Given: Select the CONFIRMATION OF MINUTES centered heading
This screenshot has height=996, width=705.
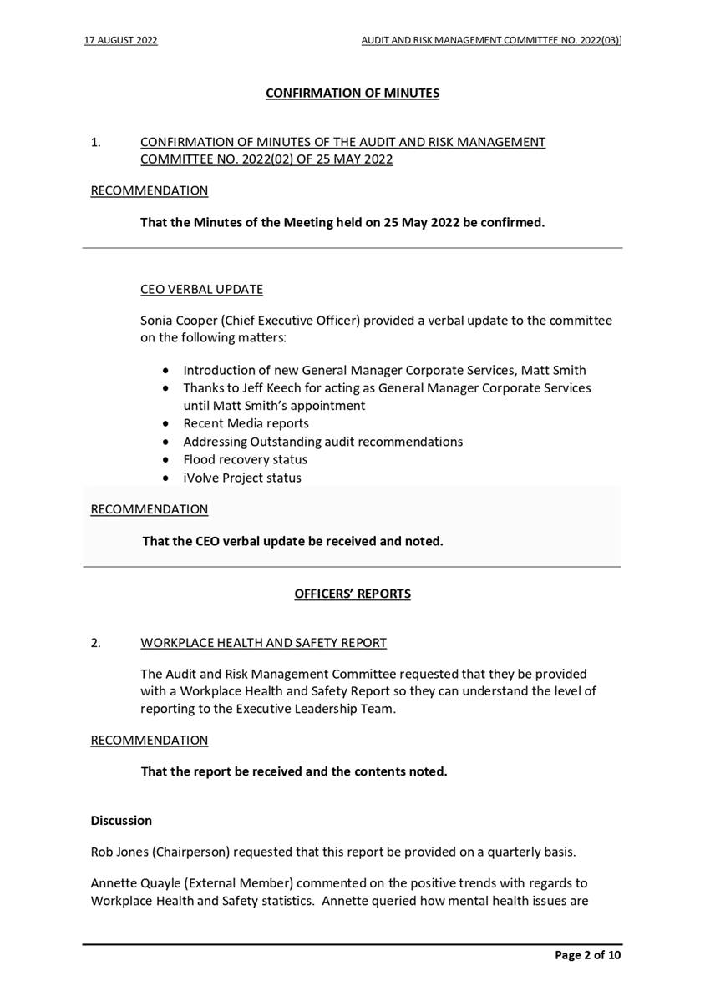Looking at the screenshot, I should click(352, 93).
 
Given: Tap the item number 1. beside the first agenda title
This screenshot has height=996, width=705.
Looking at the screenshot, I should click(95, 142).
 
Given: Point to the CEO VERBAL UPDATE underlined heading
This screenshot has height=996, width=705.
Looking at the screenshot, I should click(201, 289).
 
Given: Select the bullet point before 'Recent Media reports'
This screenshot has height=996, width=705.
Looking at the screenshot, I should click(168, 423).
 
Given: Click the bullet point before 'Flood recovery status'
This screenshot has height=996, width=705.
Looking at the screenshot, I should click(168, 460).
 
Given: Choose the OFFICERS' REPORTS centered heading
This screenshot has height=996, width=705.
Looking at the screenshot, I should click(352, 594).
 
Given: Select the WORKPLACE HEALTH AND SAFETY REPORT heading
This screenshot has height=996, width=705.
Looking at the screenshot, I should click(263, 642).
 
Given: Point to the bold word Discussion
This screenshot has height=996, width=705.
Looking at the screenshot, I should click(121, 820).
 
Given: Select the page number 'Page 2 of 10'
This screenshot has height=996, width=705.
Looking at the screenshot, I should click(588, 955).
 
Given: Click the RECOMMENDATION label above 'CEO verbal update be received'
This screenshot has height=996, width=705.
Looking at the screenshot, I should click(149, 508).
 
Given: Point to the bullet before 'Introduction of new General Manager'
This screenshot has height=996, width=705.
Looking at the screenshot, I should click(168, 370).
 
